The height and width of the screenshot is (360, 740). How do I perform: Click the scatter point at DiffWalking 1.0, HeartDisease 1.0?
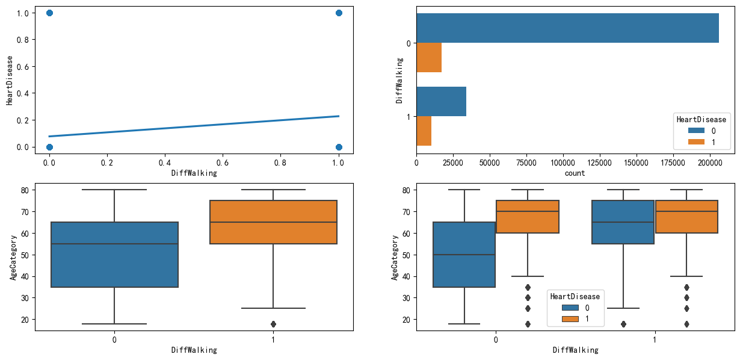(339, 13)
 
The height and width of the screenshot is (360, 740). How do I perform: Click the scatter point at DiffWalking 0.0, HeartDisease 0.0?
(49, 147)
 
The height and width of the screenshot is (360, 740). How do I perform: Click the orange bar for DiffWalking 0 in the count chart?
(429, 57)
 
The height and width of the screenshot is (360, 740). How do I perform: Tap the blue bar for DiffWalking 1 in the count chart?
(441, 101)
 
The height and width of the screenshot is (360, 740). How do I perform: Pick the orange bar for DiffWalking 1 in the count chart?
(424, 131)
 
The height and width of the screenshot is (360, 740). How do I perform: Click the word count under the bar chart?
(575, 173)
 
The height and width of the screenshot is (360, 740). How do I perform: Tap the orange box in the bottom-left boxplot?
(273, 222)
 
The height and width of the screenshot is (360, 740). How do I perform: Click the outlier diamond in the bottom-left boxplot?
(273, 324)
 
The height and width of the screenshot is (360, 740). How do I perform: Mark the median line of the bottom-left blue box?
(114, 244)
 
